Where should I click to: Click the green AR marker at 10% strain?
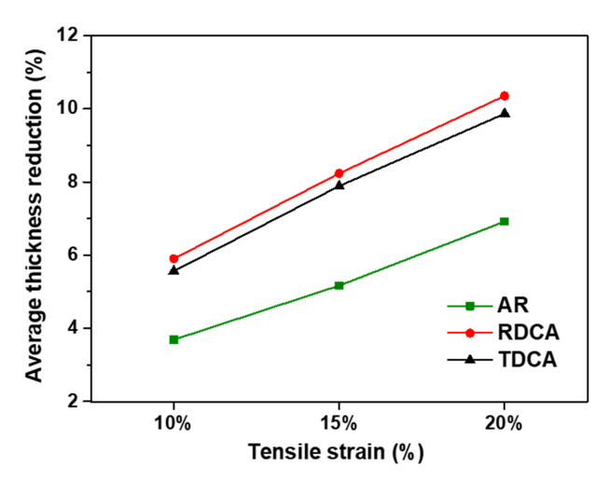point(173,339)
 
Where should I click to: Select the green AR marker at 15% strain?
point(339,285)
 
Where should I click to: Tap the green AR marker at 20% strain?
point(505,221)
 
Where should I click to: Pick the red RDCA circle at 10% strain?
point(173,258)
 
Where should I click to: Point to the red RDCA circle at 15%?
point(339,173)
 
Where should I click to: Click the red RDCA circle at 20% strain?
point(505,96)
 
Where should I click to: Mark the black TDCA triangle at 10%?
point(173,269)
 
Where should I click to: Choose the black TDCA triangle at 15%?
point(339,185)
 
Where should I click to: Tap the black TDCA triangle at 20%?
point(505,113)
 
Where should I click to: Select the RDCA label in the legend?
point(517,332)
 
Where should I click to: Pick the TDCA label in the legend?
point(517,358)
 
